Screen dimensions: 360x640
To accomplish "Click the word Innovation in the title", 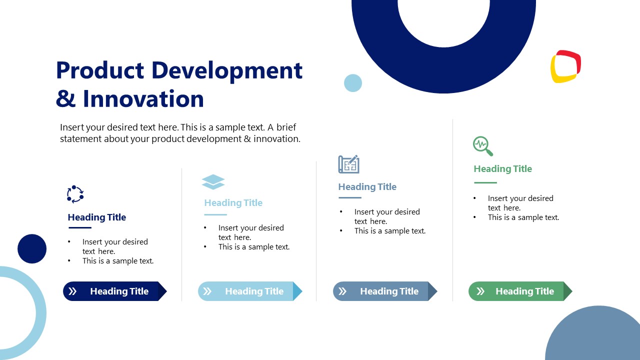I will pyautogui.click(x=143, y=98).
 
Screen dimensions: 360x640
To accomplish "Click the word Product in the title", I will pyautogui.click(x=100, y=70).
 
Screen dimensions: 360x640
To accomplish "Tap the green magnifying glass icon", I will pyautogui.click(x=482, y=146).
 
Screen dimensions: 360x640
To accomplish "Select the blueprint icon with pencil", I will pyautogui.click(x=348, y=164).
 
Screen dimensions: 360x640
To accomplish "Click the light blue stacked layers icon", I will pyautogui.click(x=213, y=182).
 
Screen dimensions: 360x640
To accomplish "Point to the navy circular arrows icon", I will pyautogui.click(x=75, y=194).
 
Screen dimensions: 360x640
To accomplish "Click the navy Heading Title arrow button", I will pyautogui.click(x=114, y=291).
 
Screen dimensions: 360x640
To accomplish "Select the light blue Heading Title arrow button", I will pyautogui.click(x=249, y=291).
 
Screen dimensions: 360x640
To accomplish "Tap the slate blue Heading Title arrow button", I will pyautogui.click(x=384, y=291).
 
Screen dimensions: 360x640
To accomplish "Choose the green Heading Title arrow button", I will pyautogui.click(x=520, y=291).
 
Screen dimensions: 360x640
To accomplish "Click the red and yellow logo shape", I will pyautogui.click(x=565, y=66).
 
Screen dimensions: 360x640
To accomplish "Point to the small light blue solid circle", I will pyautogui.click(x=353, y=83).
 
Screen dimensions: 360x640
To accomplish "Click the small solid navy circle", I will pyautogui.click(x=32, y=248).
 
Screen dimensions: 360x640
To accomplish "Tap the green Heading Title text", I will pyautogui.click(x=502, y=169).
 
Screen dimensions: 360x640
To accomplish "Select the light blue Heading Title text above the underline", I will pyautogui.click(x=233, y=203).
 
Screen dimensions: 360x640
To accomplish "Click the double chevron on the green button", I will pyautogui.click(x=480, y=291).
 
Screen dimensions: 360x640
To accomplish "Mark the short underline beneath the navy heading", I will pyautogui.click(x=79, y=228).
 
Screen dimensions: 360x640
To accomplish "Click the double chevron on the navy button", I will pyautogui.click(x=73, y=291).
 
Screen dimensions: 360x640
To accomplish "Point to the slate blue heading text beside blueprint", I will pyautogui.click(x=367, y=187).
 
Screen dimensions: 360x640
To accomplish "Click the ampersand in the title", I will pyautogui.click(x=65, y=99).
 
